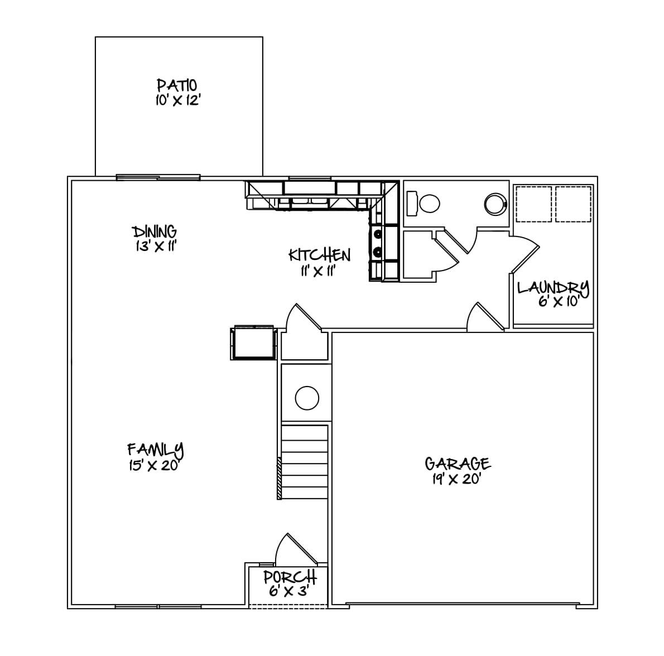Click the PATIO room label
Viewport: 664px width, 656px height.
[176, 85]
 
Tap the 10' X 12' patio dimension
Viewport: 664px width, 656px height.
[177, 101]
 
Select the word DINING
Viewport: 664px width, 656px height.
[155, 231]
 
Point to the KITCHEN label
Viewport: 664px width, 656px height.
[320, 255]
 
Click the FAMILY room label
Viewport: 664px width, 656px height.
[156, 450]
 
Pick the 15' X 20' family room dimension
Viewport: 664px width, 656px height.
[153, 466]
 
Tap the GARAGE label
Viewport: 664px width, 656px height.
[458, 464]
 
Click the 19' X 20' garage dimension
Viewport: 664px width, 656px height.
[456, 479]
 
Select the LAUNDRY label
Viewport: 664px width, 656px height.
[553, 288]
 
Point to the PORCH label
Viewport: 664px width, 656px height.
[290, 577]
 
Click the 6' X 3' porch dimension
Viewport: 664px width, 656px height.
[289, 591]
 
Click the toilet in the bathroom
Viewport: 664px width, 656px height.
[424, 203]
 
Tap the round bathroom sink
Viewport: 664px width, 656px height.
[494, 204]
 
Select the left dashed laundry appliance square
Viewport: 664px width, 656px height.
[533, 204]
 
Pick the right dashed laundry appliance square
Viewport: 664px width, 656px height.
[573, 204]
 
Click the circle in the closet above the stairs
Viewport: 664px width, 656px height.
[307, 398]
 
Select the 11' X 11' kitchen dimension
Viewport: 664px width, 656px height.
[317, 271]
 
